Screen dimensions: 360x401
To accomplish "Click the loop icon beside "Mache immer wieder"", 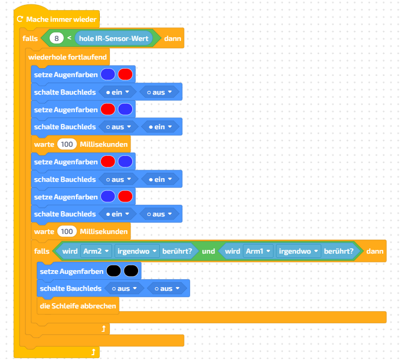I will click(x=20, y=19).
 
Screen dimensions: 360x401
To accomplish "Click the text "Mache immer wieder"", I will click(x=61, y=19).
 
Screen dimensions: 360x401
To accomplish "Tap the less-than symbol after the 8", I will click(x=69, y=38).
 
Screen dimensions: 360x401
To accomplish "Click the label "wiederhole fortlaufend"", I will click(x=67, y=57).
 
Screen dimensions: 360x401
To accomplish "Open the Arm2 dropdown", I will click(x=96, y=250).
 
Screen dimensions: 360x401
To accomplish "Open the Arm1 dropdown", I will click(x=259, y=250).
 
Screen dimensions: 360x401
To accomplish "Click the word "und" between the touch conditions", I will click(x=208, y=250).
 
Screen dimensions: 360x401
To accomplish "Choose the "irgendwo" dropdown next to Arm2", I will click(x=138, y=250).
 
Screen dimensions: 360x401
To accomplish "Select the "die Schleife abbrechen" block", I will click(x=78, y=306).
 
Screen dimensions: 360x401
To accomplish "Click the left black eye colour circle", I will click(x=113, y=271).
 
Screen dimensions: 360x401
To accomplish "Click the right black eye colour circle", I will click(x=131, y=271).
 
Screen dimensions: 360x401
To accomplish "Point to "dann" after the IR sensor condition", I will click(x=173, y=38).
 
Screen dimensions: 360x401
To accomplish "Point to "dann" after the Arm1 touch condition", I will click(x=375, y=250).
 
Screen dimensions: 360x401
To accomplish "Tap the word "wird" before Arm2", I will click(x=70, y=250).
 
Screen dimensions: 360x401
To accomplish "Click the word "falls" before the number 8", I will click(x=30, y=38).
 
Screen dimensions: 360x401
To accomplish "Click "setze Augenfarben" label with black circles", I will click(x=71, y=271).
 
